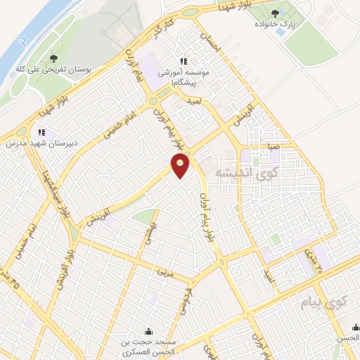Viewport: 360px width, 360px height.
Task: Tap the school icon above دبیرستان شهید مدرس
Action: [42, 131]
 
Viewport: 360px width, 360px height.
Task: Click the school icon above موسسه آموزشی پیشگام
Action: [184, 61]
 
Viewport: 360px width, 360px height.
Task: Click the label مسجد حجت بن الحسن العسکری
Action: [149, 346]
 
